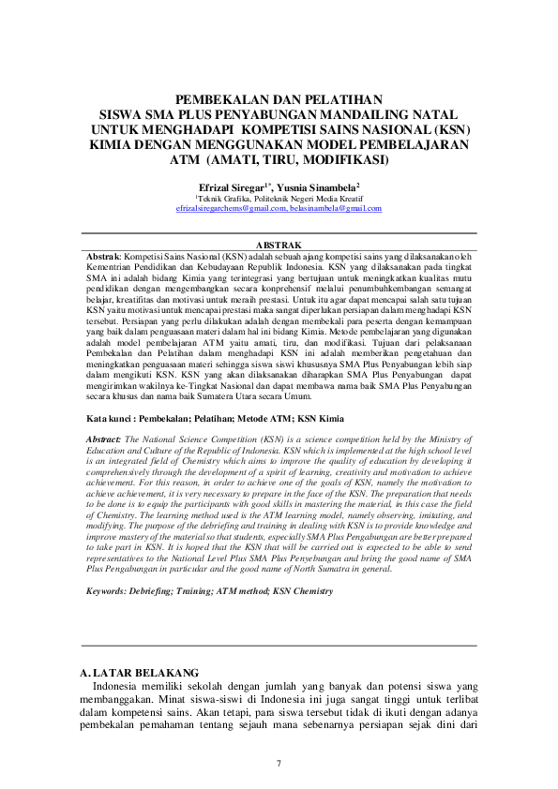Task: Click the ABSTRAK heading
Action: [279, 246]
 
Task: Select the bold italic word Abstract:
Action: [102, 412]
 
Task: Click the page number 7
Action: [279, 761]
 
